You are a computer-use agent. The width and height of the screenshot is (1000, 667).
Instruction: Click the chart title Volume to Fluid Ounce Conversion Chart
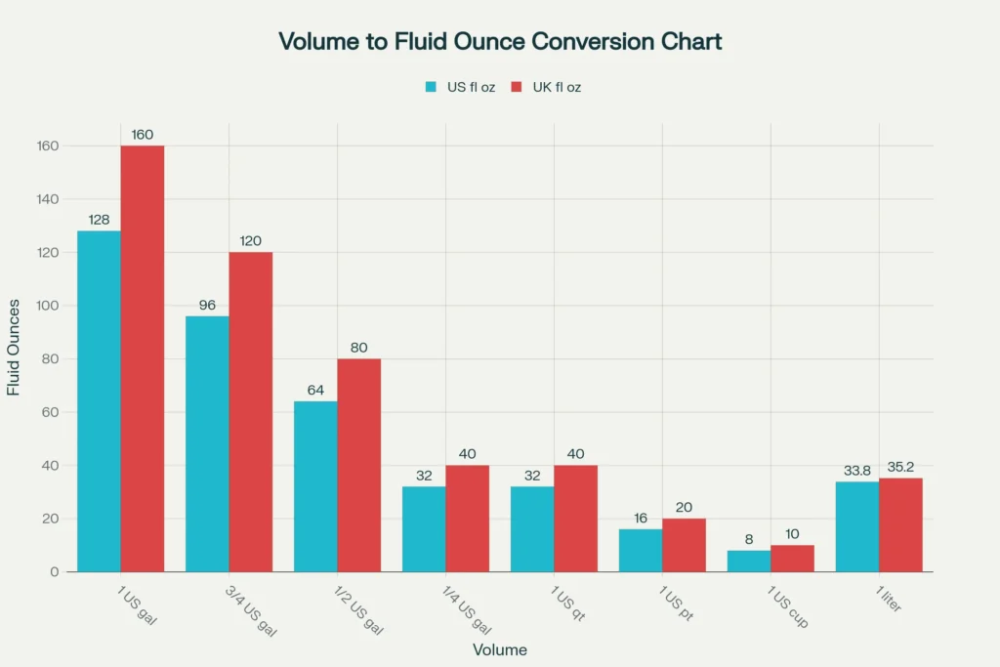click(500, 41)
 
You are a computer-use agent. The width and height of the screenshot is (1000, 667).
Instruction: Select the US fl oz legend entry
click(460, 87)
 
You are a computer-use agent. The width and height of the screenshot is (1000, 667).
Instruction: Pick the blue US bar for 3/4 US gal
click(207, 443)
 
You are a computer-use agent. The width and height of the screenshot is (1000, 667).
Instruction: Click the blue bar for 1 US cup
click(749, 561)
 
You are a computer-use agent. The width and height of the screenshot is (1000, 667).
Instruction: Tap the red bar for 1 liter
click(900, 524)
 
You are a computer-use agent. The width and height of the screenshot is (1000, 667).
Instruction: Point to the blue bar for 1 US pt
click(641, 550)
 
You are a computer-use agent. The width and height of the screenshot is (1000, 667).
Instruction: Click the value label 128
click(99, 220)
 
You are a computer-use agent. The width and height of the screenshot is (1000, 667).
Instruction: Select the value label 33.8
click(856, 471)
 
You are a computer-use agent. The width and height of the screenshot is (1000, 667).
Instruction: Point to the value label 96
click(207, 305)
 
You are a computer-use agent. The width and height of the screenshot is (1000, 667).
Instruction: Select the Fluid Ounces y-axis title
click(14, 359)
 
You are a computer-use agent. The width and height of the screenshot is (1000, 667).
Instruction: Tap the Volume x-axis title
click(500, 649)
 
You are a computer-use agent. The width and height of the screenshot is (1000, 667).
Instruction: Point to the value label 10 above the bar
click(792, 533)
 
